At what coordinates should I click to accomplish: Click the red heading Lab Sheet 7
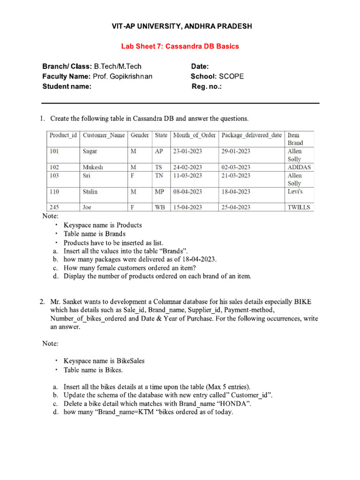tap(180, 46)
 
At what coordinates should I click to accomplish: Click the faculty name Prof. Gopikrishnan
tap(122, 76)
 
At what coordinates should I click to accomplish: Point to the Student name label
tap(67, 86)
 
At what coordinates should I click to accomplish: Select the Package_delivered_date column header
tap(252, 135)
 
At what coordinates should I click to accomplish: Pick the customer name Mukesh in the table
tap(93, 167)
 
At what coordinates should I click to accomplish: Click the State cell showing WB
tap(159, 207)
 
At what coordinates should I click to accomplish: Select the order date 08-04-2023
tap(187, 191)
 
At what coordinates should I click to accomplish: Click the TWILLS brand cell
tap(299, 207)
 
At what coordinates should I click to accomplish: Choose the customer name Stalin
tap(90, 191)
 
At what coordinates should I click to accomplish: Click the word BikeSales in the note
tap(130, 361)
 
